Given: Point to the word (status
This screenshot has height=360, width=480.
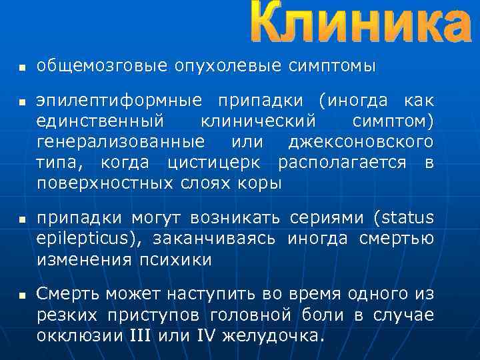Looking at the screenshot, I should [403, 219].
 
